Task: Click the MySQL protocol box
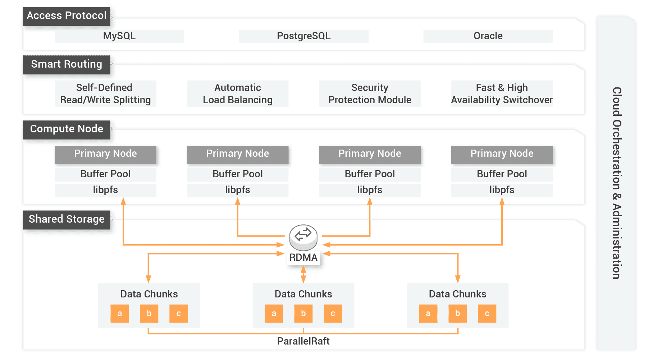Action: coord(119,36)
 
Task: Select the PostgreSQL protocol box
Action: coord(303,36)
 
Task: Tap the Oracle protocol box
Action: coord(488,36)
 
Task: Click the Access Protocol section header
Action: coord(67,16)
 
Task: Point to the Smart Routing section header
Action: coord(67,64)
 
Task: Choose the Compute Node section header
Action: coord(67,129)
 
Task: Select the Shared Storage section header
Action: coord(67,219)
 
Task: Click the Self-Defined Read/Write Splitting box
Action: coord(105,94)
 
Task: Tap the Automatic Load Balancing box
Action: coord(237,94)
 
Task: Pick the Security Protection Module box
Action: coord(370,94)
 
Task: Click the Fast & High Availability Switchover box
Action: coord(502,94)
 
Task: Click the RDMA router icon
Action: coord(303,237)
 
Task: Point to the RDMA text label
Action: coord(303,258)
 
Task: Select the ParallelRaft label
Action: coord(303,341)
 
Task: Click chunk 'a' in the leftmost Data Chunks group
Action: coord(120,314)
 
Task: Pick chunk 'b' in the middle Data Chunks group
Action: coord(303,314)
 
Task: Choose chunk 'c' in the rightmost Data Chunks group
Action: coord(487,314)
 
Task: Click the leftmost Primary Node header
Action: coord(105,154)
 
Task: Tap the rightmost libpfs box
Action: coord(502,190)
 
